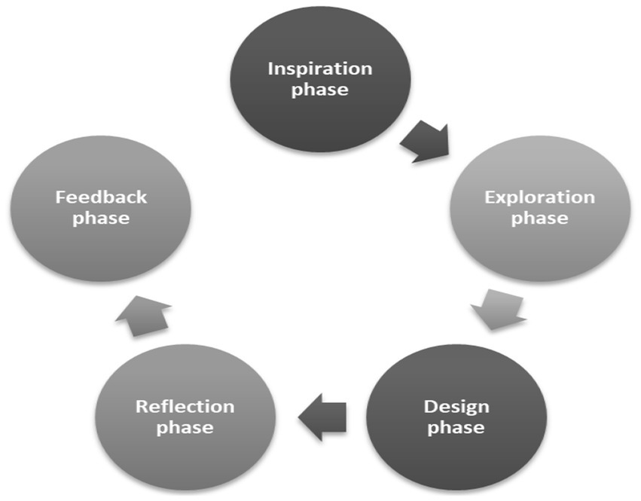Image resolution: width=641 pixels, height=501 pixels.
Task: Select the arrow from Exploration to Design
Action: point(497,307)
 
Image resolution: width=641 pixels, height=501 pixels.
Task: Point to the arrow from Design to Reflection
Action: point(322,417)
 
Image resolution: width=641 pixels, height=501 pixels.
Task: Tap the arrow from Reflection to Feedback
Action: point(143,316)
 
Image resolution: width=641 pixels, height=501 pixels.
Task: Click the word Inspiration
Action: point(320,69)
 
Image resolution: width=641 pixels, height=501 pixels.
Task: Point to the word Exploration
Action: point(539,198)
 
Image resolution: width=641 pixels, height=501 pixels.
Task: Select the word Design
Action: point(456,407)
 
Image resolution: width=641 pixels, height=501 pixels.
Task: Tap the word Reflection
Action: point(185,407)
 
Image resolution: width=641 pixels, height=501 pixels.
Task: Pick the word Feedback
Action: point(100,198)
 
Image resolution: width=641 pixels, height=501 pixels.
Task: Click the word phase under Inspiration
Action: point(320,90)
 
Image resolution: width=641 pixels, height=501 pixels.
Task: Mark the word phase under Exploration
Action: point(539,219)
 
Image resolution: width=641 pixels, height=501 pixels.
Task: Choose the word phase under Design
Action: point(456,428)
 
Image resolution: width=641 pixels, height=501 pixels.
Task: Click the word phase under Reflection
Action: point(185,428)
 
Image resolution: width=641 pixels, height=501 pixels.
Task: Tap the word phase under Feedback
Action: point(100,219)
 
